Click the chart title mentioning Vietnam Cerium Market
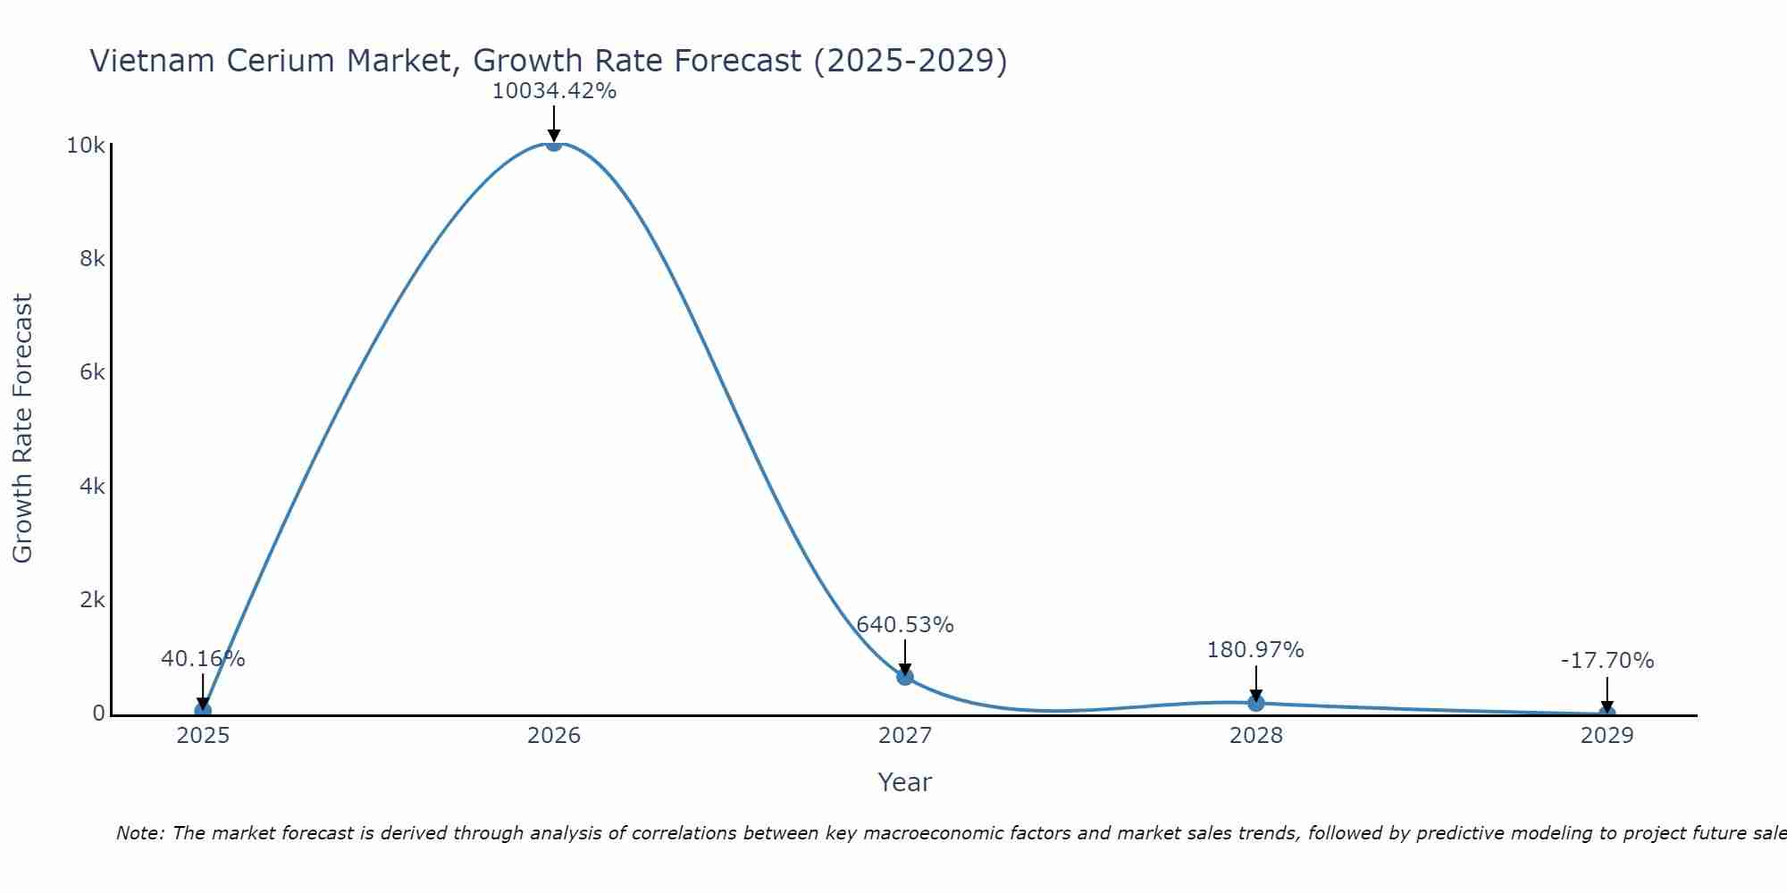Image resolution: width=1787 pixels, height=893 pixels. click(x=548, y=61)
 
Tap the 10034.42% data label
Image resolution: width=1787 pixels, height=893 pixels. click(x=554, y=91)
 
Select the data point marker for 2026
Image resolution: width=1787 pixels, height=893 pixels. click(x=554, y=143)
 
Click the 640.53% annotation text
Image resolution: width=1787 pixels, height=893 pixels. click(x=905, y=625)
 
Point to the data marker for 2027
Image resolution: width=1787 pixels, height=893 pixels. click(x=905, y=677)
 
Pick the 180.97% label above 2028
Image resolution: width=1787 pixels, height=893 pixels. click(x=1255, y=650)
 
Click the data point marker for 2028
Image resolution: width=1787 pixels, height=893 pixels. click(x=1255, y=703)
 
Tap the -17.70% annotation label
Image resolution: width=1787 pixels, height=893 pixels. click(x=1607, y=661)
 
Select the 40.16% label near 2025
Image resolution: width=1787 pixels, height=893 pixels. click(x=203, y=659)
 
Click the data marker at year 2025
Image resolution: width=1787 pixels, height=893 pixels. click(x=203, y=711)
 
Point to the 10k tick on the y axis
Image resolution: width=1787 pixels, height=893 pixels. click(x=86, y=146)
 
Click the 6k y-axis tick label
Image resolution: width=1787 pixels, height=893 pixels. click(x=92, y=372)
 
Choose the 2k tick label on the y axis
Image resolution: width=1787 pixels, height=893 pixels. click(x=92, y=600)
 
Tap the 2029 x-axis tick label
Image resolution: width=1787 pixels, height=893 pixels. click(x=1607, y=736)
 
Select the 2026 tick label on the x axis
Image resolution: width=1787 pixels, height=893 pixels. click(x=554, y=736)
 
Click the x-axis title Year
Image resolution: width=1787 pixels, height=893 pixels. click(x=904, y=782)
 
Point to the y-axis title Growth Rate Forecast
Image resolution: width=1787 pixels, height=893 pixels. click(x=22, y=429)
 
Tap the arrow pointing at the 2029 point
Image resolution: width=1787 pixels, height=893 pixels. click(x=1607, y=695)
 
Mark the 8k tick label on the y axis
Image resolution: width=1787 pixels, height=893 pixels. click(x=92, y=259)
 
